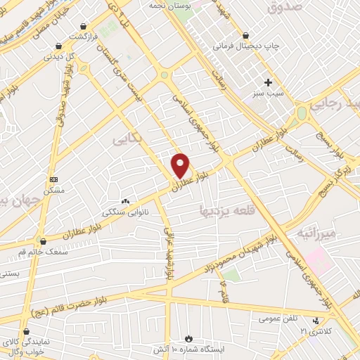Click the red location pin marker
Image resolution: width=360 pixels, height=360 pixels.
(x=181, y=165)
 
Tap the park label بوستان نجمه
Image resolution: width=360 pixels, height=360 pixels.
(x=169, y=5)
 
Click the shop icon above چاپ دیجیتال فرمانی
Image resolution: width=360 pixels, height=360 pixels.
(x=245, y=35)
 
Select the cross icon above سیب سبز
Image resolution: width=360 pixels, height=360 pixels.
(x=267, y=82)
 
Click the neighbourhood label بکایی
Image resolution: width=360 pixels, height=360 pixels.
(x=127, y=140)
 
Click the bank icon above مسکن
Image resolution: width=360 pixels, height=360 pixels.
(x=54, y=179)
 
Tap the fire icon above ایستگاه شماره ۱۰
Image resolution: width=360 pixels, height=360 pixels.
(x=188, y=338)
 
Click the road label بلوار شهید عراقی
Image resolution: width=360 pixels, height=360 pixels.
(x=169, y=252)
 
